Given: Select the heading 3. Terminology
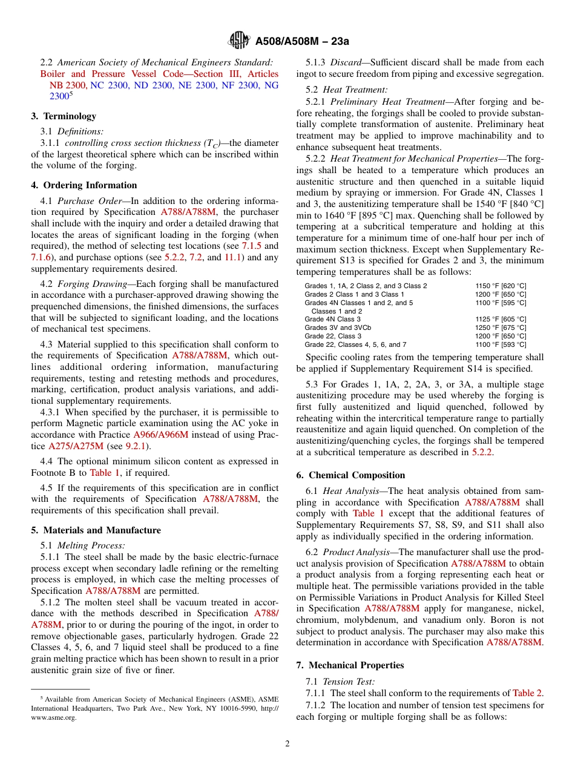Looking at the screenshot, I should (64, 116).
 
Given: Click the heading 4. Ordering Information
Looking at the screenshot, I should (84, 185).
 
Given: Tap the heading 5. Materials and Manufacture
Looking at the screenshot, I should (96, 530).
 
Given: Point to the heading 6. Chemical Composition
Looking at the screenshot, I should (350, 475).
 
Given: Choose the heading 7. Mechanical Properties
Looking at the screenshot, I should (350, 665).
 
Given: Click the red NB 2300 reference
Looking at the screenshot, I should (67, 85).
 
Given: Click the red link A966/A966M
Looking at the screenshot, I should (160, 435).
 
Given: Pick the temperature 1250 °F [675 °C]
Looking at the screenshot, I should (501, 327).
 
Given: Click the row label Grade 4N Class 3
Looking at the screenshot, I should (332, 319).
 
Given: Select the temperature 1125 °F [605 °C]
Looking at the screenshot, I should (501, 319).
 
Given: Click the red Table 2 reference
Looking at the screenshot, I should (527, 693).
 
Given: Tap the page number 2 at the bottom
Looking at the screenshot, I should (287, 745).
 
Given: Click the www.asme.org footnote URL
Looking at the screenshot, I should (54, 717).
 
